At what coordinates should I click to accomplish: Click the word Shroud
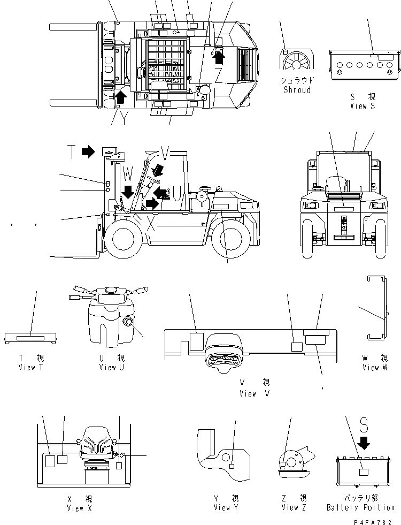(x=297, y=90)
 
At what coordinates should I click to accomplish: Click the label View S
(x=363, y=106)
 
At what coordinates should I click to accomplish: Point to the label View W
(x=378, y=367)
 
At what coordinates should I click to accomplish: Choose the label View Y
(x=225, y=507)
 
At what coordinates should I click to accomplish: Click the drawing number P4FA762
(x=376, y=520)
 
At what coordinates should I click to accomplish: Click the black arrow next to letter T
(x=88, y=152)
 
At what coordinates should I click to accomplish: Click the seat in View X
(x=98, y=448)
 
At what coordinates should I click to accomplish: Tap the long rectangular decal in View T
(x=31, y=338)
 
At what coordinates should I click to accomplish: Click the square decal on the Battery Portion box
(x=364, y=473)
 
